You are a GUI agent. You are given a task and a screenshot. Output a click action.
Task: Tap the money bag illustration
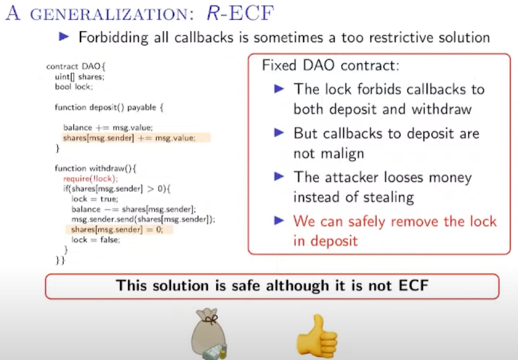pyautogui.click(x=209, y=333)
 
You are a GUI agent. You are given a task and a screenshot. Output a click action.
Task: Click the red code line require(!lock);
pyautogui.click(x=90, y=179)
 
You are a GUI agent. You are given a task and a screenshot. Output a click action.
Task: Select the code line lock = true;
pyautogui.click(x=94, y=199)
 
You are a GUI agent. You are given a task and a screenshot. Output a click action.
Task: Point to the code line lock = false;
pyautogui.click(x=96, y=240)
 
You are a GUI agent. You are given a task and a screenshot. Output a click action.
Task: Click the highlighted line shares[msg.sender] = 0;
pyautogui.click(x=117, y=229)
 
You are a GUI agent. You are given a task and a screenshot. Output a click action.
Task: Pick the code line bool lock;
pyautogui.click(x=74, y=87)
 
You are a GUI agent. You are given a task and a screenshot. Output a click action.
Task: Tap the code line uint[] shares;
pyautogui.click(x=80, y=77)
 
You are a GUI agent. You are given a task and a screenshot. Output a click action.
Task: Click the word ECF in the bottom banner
pyautogui.click(x=414, y=285)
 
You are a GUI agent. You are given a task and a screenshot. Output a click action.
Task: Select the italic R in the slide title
pyautogui.click(x=213, y=13)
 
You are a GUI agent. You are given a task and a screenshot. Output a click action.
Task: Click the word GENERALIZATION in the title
pyautogui.click(x=112, y=14)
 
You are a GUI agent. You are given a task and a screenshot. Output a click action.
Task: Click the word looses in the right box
pyautogui.click(x=404, y=178)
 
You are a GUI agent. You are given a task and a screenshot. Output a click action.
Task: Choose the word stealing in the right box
pyautogui.click(x=388, y=198)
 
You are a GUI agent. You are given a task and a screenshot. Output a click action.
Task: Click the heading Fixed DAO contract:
pyautogui.click(x=330, y=66)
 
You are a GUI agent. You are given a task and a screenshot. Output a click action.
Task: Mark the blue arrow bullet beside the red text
pyautogui.click(x=279, y=220)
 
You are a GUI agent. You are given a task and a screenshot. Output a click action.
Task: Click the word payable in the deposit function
pyautogui.click(x=142, y=108)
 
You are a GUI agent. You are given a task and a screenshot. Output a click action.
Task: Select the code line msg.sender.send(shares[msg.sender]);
pyautogui.click(x=143, y=219)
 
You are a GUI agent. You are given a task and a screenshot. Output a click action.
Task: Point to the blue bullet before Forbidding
pyautogui.click(x=64, y=37)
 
